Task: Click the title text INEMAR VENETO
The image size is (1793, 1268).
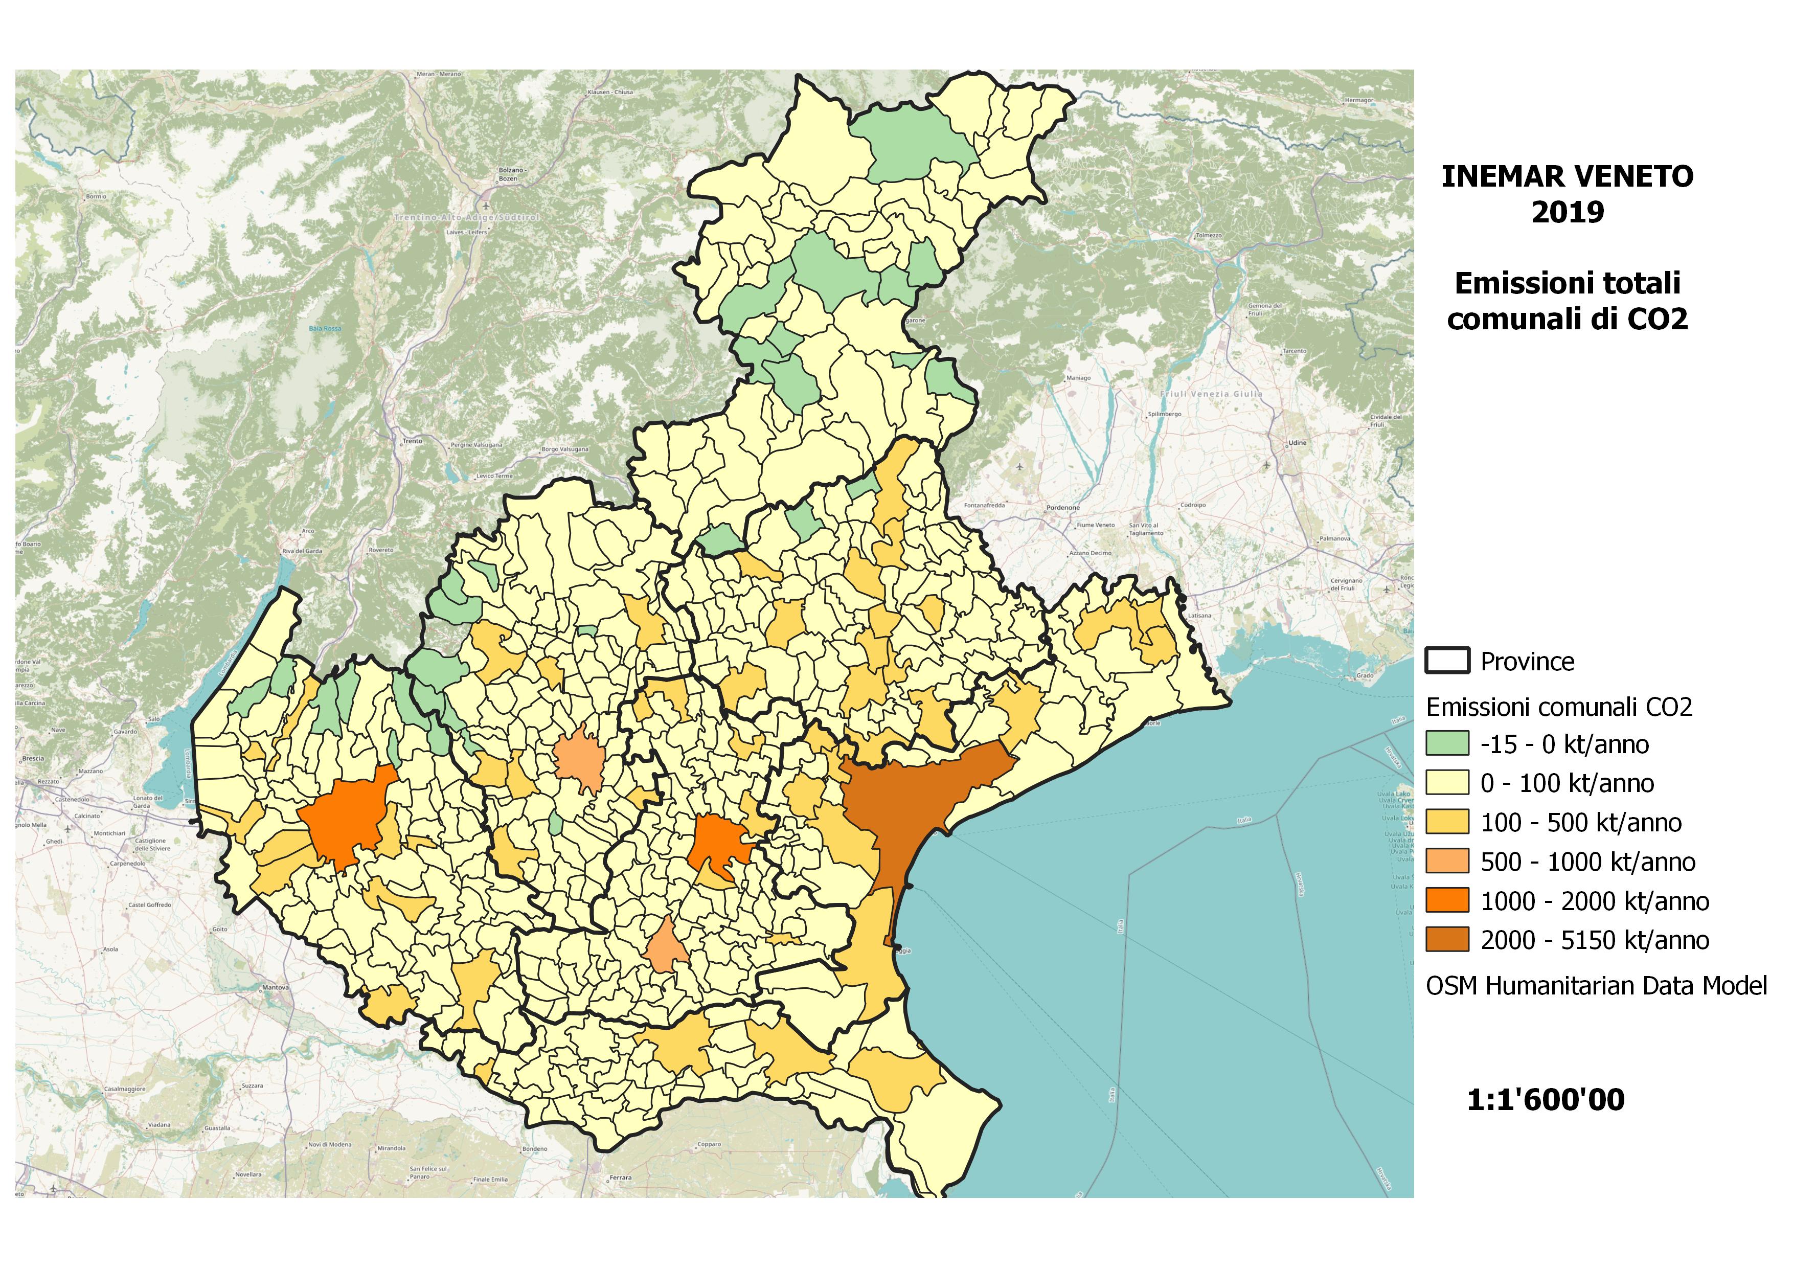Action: [1567, 176]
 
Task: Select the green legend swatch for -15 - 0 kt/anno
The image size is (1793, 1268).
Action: [1446, 743]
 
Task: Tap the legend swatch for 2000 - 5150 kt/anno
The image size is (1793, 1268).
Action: [1446, 939]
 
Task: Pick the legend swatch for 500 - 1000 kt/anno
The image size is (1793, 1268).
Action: [1446, 861]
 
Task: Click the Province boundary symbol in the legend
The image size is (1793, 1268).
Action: [1447, 661]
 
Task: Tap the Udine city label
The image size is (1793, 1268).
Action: [1297, 443]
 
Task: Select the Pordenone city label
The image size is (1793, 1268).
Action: [1063, 508]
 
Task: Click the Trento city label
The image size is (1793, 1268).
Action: [412, 441]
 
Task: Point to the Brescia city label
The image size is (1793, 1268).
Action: [33, 758]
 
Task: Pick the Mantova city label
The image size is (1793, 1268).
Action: [276, 988]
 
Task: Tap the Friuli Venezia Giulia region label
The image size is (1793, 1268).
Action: [1211, 394]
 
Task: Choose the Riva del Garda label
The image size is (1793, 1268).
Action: [302, 551]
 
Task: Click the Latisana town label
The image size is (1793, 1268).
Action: [1199, 616]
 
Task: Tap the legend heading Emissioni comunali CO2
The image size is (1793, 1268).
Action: [1559, 708]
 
